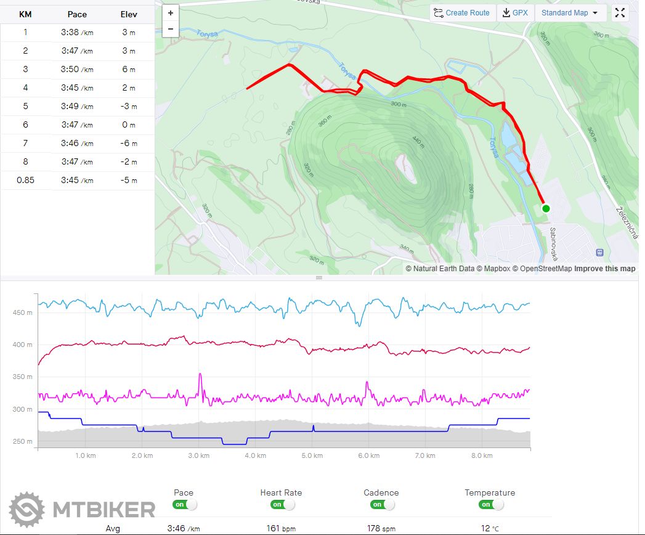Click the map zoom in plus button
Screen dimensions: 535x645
(x=171, y=12)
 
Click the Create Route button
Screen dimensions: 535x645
(x=461, y=13)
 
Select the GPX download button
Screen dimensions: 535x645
(x=515, y=13)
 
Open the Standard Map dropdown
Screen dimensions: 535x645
(x=570, y=13)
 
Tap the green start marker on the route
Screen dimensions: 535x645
(x=546, y=208)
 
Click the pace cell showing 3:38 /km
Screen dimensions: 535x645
(x=77, y=33)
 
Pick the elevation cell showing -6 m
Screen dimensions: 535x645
(x=129, y=144)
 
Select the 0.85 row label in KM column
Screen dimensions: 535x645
(x=25, y=181)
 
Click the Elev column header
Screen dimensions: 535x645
(x=129, y=14)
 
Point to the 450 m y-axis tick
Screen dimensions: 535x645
(x=22, y=313)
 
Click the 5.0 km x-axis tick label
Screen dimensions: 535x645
(x=312, y=455)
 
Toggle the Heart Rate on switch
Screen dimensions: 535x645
(x=282, y=505)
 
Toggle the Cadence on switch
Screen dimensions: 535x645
(x=382, y=505)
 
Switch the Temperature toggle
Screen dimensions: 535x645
(x=490, y=505)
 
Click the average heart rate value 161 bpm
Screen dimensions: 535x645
(x=281, y=528)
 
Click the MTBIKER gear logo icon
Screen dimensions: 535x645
(x=27, y=510)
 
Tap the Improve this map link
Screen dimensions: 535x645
(x=605, y=269)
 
